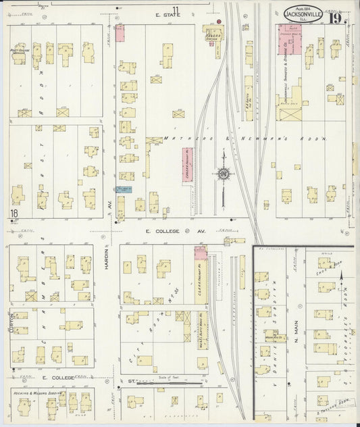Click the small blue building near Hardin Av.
click(x=123, y=190)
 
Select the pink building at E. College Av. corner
click(x=200, y=253)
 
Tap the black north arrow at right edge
click(x=343, y=276)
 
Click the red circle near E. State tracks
click(x=218, y=22)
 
